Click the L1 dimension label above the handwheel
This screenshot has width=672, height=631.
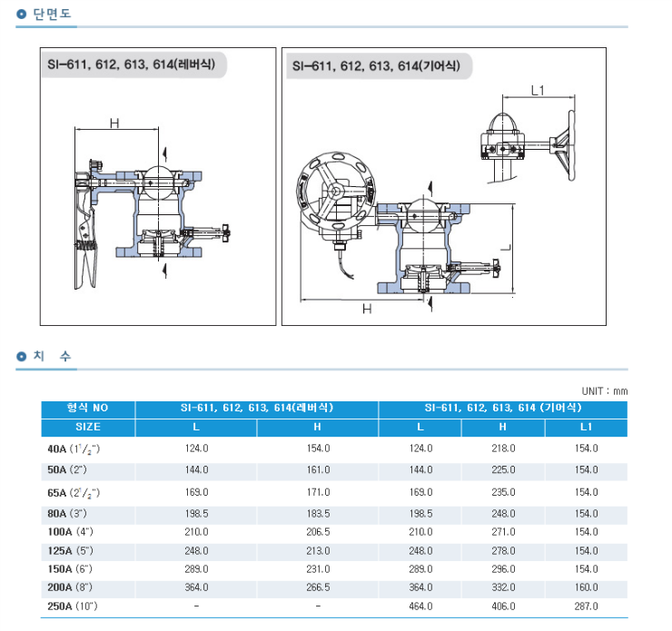point(538,91)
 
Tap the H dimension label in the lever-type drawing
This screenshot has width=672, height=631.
point(114,123)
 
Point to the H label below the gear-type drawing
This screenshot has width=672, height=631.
point(367,309)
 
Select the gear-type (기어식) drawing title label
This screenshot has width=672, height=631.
point(376,66)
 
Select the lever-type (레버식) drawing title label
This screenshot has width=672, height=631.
point(131,64)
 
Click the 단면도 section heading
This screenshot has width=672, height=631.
point(52,14)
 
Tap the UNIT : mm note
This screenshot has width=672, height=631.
point(605,391)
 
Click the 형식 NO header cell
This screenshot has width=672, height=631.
point(88,408)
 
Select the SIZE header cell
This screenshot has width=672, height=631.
point(88,427)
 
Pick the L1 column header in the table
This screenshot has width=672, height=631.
point(586,427)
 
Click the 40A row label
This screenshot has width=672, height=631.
point(74,449)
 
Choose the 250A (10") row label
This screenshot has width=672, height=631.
point(73,606)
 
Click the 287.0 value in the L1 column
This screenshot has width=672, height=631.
point(586,606)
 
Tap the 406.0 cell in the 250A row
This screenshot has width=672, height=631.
point(503,606)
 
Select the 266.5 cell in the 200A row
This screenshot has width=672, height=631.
point(318,587)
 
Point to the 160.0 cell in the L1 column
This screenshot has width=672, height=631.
point(586,587)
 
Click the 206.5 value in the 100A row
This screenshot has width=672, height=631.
point(318,532)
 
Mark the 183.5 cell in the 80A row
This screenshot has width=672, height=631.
point(318,514)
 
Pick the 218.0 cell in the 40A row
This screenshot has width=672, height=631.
point(503,449)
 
